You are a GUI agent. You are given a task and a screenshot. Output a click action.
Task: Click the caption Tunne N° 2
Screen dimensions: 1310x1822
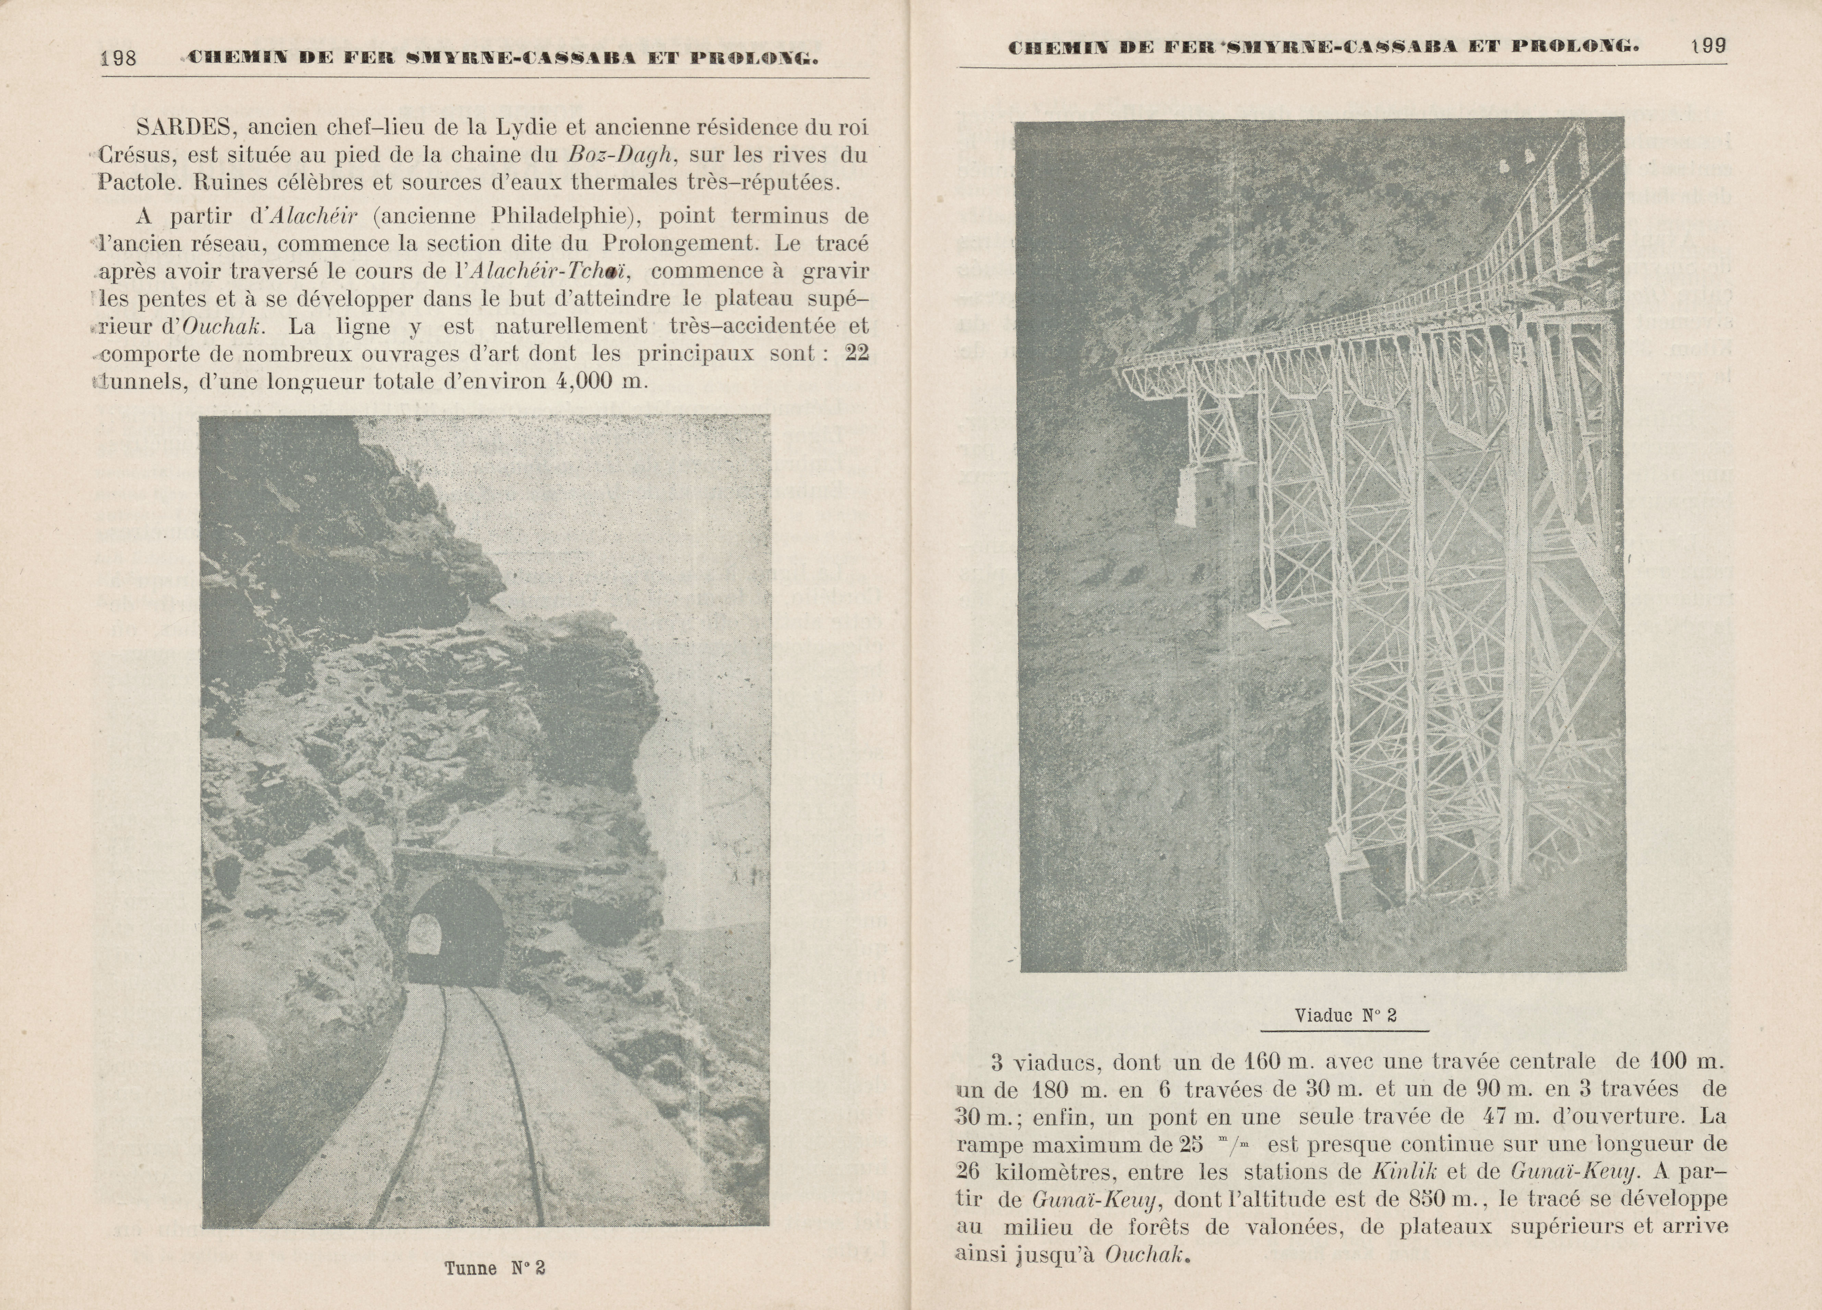(x=495, y=1268)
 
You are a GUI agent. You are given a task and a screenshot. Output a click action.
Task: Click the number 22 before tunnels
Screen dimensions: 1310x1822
(x=857, y=353)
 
